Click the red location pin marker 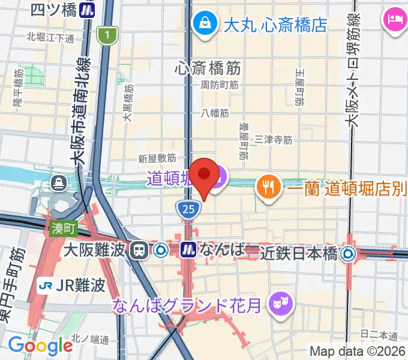click(204, 175)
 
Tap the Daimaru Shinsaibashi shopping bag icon click(205, 23)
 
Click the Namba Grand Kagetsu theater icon click(280, 301)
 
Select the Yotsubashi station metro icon click(89, 10)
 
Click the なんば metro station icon click(189, 249)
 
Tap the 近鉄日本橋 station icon click(348, 254)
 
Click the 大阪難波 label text click(95, 249)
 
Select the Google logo click(41, 346)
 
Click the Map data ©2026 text click(358, 351)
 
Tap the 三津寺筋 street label click(273, 140)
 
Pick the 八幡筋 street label click(215, 112)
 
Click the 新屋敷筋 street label click(157, 158)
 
